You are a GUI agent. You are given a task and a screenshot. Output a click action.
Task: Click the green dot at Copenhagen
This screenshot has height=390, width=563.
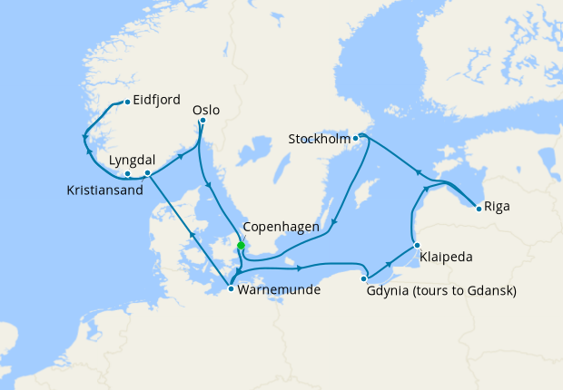pyautogui.click(x=241, y=245)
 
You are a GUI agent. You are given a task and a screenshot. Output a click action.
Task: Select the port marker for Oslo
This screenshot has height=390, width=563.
pyautogui.click(x=202, y=120)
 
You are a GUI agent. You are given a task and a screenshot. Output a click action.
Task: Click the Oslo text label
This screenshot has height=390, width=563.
pyautogui.click(x=206, y=110)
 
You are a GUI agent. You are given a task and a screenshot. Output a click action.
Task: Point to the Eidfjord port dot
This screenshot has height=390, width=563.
pyautogui.click(x=126, y=101)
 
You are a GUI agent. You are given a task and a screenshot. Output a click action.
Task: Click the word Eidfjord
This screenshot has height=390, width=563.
pyautogui.click(x=157, y=101)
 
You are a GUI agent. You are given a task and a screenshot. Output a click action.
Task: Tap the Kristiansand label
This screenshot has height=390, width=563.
pyautogui.click(x=105, y=190)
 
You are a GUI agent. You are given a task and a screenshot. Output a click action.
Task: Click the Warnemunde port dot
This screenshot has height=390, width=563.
pyautogui.click(x=232, y=288)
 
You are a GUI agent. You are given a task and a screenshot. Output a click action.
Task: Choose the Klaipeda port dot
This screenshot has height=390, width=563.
pyautogui.click(x=416, y=245)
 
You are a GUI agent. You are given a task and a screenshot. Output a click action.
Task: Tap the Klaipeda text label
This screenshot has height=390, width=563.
pyautogui.click(x=447, y=258)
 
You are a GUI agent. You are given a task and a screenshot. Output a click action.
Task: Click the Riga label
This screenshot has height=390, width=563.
pyautogui.click(x=497, y=207)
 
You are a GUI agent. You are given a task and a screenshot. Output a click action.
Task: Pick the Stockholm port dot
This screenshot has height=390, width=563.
pyautogui.click(x=356, y=138)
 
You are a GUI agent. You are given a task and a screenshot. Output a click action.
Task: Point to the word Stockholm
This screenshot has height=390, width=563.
pyautogui.click(x=319, y=140)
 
